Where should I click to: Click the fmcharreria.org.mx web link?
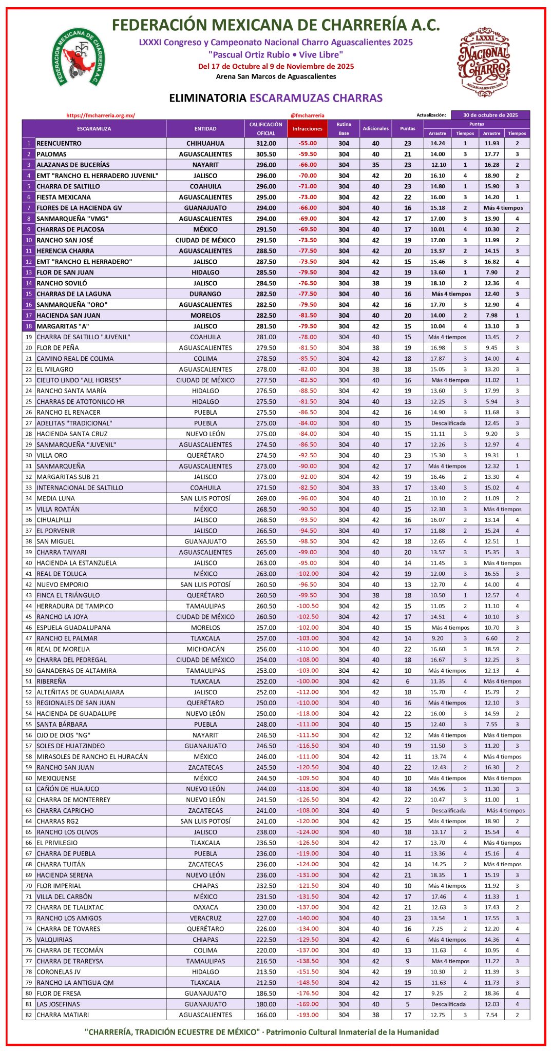(101, 115)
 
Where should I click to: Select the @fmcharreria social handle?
(307, 115)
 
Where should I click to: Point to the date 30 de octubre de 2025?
(490, 115)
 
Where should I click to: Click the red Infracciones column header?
(308, 129)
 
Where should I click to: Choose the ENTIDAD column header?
(205, 129)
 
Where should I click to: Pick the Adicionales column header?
(376, 129)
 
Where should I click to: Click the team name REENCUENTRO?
(59, 144)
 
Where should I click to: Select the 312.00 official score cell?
(266, 144)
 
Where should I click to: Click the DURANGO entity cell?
(205, 294)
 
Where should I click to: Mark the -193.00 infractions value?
(308, 1015)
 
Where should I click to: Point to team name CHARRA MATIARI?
(63, 1015)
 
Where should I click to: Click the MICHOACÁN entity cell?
(205, 649)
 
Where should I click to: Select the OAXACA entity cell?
(205, 907)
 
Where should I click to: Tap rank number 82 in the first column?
(29, 1015)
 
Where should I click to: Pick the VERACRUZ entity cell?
(205, 918)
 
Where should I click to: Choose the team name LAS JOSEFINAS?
(58, 1004)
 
